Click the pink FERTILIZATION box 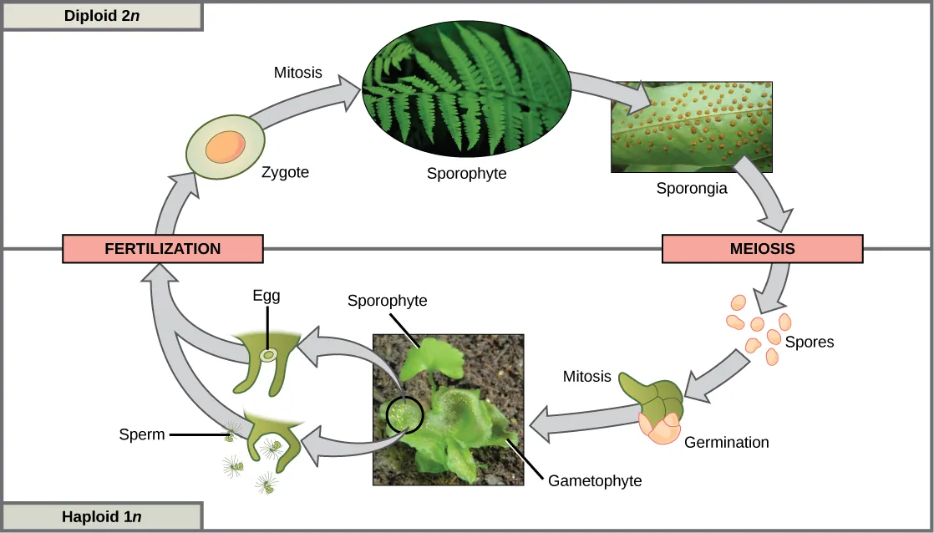[x=163, y=248]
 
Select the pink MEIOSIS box [x=762, y=248]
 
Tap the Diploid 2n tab [x=102, y=16]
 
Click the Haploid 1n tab [x=102, y=516]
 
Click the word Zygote [x=285, y=173]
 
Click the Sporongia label [x=692, y=188]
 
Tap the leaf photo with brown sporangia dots [x=691, y=126]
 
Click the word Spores [x=810, y=342]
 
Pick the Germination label [x=726, y=442]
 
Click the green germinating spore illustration [x=655, y=401]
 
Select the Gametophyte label [x=595, y=480]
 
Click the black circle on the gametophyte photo [x=404, y=413]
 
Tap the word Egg [x=266, y=296]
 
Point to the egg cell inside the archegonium [x=268, y=356]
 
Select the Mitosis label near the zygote [x=297, y=73]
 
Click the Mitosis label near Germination [x=586, y=376]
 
